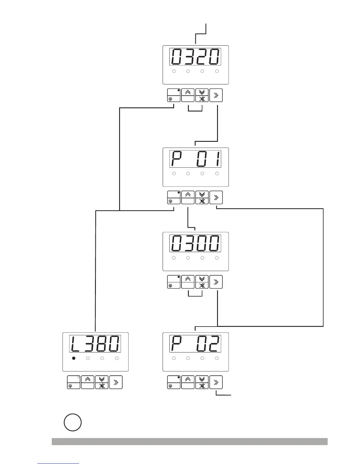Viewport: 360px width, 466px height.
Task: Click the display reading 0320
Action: (195, 57)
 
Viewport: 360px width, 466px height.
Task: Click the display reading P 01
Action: (195, 159)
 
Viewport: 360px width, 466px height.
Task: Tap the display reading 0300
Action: (195, 243)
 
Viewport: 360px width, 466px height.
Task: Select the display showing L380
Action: (95, 344)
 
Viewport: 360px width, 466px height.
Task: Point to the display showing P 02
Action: (195, 344)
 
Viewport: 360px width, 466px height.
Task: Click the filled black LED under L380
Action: (74, 358)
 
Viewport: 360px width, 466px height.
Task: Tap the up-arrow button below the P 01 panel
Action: (188, 197)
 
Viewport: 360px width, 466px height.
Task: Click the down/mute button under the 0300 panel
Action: (202, 282)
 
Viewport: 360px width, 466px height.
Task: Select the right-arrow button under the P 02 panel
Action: (216, 382)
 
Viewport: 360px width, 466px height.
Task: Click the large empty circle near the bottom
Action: (73, 423)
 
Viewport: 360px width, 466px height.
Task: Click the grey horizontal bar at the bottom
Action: (189, 442)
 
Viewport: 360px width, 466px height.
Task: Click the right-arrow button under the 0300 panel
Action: (216, 282)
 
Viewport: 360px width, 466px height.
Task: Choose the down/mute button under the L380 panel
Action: (102, 382)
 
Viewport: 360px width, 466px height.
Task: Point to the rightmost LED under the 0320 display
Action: (217, 71)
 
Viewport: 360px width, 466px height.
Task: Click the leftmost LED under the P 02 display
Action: (174, 358)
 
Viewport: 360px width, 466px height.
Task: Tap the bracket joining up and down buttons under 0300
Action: (195, 295)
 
